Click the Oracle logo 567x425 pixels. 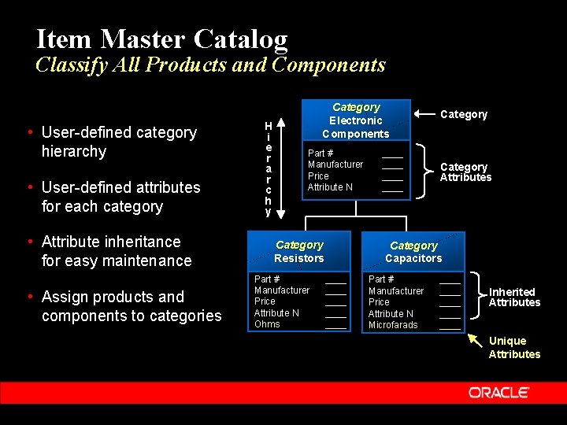[498, 392]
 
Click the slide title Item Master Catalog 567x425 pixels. [162, 39]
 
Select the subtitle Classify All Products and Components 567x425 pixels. [210, 65]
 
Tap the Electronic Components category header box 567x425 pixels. [356, 120]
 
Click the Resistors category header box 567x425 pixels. [299, 252]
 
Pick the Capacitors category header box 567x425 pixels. [413, 252]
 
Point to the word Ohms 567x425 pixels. [267, 324]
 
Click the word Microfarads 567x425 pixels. [393, 325]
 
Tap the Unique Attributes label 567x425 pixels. [513, 347]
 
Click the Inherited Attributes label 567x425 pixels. [514, 297]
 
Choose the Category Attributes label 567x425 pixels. [465, 172]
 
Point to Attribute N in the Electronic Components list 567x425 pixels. [330, 187]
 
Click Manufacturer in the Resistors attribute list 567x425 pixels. [282, 290]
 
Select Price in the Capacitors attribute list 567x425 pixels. [379, 302]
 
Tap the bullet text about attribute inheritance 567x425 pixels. [116, 251]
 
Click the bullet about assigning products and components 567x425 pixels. [131, 306]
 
